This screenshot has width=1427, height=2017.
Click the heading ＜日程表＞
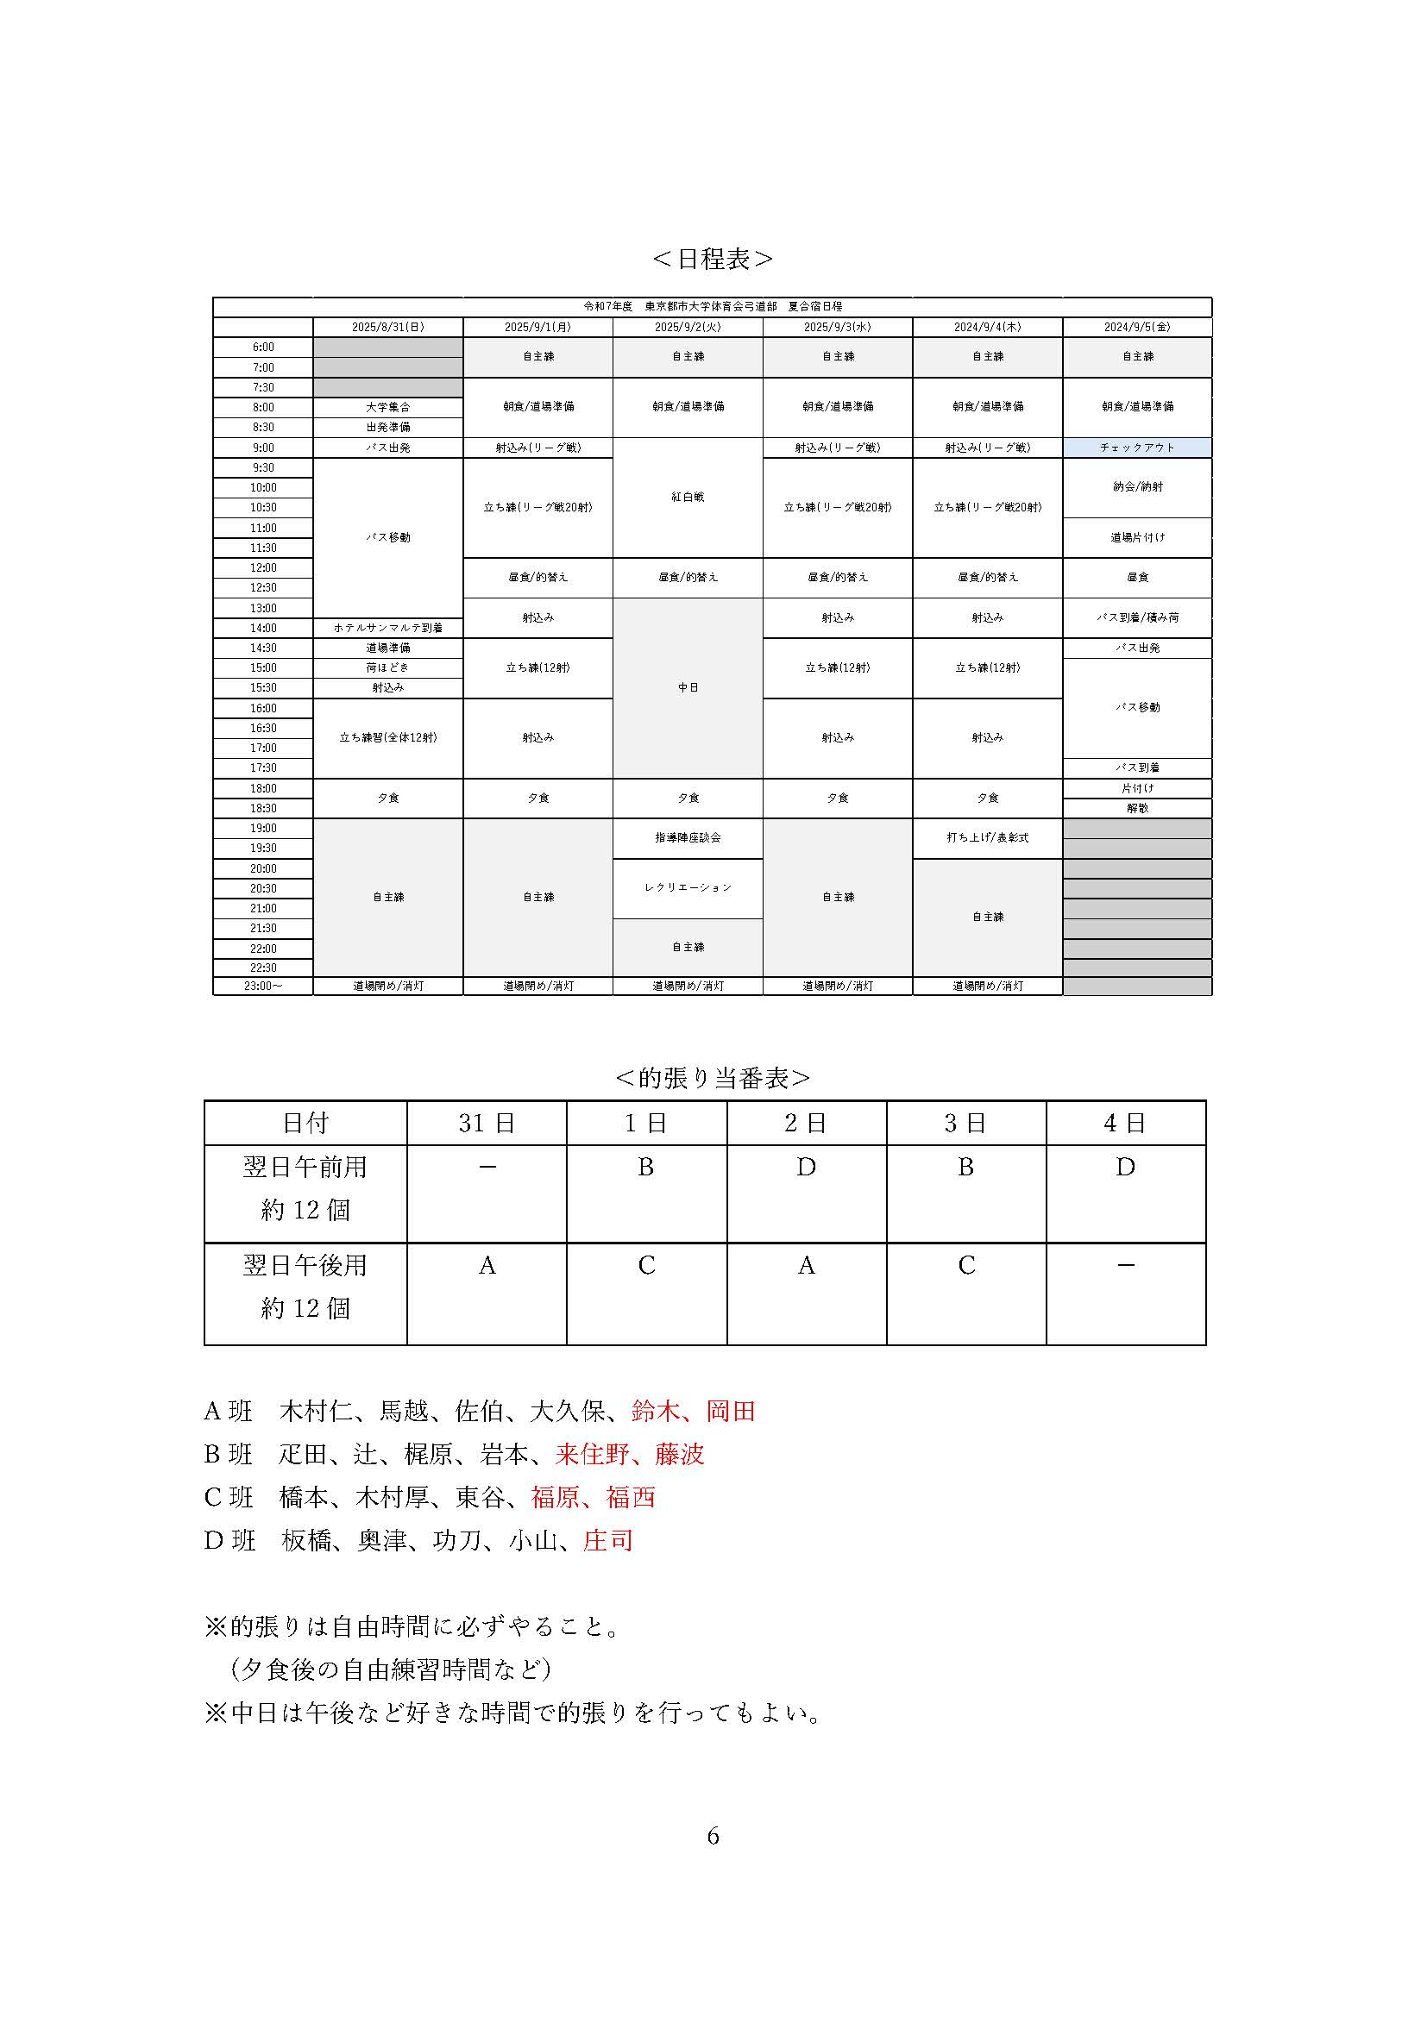[713, 260]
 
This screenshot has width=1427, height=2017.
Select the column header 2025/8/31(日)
[387, 327]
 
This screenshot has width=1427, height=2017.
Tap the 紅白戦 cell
[688, 498]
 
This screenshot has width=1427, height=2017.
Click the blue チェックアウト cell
[1137, 448]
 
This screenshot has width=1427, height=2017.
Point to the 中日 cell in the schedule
[688, 688]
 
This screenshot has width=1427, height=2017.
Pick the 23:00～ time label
[263, 987]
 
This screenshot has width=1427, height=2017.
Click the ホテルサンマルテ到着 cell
[387, 628]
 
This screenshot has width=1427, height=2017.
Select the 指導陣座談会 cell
[688, 838]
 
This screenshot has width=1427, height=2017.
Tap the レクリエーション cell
[688, 888]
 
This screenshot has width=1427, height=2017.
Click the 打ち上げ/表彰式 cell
[988, 838]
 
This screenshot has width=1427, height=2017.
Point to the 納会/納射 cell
[1137, 486]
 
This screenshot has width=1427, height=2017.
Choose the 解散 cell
[1137, 808]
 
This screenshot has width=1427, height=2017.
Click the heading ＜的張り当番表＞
[713, 1078]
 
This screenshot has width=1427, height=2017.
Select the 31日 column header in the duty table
[486, 1123]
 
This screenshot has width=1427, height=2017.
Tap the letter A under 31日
[487, 1266]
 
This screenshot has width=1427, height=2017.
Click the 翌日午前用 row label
[305, 1168]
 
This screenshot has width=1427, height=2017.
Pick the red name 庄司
[608, 1540]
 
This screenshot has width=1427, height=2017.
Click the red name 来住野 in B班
[591, 1454]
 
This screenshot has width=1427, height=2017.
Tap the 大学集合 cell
[387, 408]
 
